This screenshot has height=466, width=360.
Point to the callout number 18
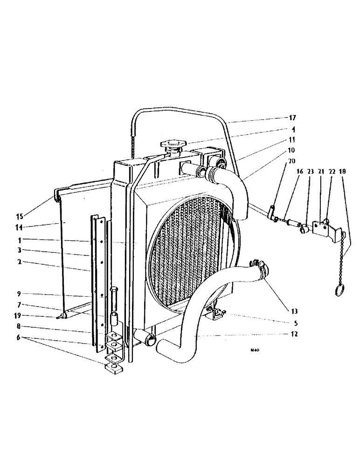click(343, 171)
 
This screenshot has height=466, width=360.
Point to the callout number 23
click(309, 171)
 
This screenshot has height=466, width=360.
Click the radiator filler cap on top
click(173, 145)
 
